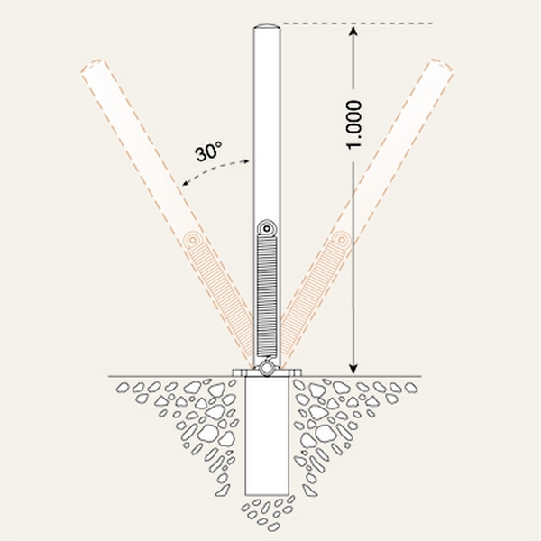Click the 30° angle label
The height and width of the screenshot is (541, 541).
pos(208,151)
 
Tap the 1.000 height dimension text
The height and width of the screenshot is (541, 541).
pos(353,125)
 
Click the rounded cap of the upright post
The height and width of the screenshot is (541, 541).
pos(267,28)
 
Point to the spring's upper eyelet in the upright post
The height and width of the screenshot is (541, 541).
pos(266,229)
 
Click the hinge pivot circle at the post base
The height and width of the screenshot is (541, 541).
pos(266,368)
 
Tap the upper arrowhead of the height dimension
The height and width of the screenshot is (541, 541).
pos(353,32)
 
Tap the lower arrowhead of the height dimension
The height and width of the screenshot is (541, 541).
pos(353,369)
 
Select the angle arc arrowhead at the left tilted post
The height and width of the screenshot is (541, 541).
pos(186,183)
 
